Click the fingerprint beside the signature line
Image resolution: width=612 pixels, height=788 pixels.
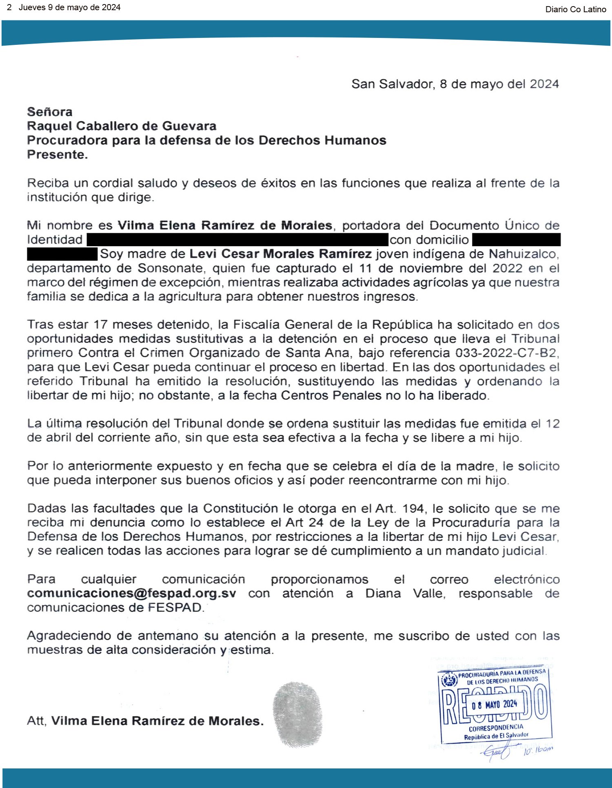click(x=298, y=714)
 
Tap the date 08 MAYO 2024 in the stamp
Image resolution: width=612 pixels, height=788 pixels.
click(x=494, y=704)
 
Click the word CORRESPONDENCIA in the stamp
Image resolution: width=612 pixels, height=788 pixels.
click(x=496, y=728)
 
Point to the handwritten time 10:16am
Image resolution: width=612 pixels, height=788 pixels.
click(x=538, y=750)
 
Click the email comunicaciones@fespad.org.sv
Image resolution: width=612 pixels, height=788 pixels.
click(x=131, y=593)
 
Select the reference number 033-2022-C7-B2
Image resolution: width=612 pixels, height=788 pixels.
click(x=506, y=353)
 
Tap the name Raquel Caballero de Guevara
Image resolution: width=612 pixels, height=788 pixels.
click(x=122, y=126)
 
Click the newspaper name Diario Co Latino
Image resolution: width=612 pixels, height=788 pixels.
click(x=575, y=9)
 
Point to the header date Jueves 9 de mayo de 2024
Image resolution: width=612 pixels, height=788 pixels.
click(x=69, y=8)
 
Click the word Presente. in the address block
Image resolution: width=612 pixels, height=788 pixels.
click(x=57, y=155)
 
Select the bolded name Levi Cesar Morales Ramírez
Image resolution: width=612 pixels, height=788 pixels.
click(x=280, y=254)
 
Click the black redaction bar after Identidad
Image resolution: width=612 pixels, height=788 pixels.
click(x=237, y=240)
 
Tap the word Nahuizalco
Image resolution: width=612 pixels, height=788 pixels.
click(x=523, y=254)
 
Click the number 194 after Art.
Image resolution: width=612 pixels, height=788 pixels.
click(x=413, y=508)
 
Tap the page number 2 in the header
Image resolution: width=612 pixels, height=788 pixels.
click(x=9, y=8)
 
